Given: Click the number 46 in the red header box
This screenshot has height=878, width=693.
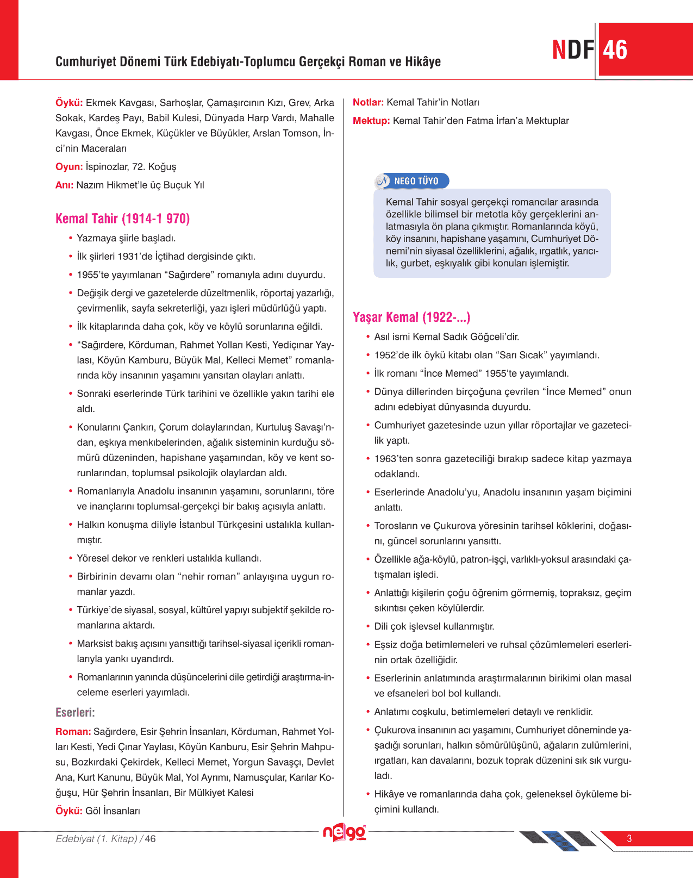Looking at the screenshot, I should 615,50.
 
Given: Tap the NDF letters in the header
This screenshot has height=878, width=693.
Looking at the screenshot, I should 573,50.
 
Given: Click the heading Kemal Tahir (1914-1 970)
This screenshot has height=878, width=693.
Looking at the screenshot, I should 123,219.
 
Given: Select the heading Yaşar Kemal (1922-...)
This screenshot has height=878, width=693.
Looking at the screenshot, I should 411,317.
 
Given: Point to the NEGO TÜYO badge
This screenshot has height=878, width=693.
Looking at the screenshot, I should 412,181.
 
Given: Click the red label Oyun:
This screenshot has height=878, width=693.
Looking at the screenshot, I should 69,167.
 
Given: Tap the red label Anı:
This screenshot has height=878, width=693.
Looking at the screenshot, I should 64,185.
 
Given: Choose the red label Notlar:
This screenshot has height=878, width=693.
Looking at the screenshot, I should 368,103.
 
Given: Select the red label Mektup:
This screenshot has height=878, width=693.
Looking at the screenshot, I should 371,121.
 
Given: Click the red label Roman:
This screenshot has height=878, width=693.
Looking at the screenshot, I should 73,732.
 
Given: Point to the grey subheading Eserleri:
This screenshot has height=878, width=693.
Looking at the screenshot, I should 75,713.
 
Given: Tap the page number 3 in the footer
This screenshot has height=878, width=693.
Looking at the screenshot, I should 629,839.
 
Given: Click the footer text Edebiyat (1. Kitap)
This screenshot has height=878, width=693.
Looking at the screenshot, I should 97,839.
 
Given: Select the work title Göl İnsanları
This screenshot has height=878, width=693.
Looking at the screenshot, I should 113,811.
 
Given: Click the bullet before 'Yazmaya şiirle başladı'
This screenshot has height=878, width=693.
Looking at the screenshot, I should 71,238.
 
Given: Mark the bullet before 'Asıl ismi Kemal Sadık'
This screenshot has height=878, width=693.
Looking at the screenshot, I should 368,337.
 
